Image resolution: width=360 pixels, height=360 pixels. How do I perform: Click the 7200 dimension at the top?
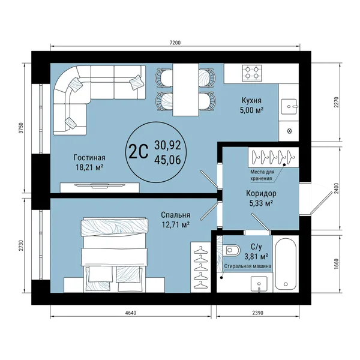click(175, 43)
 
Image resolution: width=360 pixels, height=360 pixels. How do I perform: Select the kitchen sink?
click(289, 106)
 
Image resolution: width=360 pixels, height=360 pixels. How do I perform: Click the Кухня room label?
click(251, 100)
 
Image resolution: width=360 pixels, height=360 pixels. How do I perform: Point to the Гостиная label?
click(89, 157)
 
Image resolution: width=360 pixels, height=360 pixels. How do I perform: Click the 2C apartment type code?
click(139, 152)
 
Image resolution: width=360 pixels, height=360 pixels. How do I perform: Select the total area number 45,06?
click(167, 160)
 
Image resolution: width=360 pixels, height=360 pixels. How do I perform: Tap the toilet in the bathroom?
click(232, 250)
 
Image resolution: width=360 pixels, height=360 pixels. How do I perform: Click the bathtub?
click(286, 264)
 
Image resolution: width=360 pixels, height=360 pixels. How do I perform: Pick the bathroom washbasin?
click(259, 284)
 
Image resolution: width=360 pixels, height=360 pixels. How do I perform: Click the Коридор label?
click(261, 193)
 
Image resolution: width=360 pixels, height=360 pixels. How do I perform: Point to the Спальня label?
click(175, 215)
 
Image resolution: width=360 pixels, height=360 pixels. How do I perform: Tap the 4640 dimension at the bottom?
click(131, 313)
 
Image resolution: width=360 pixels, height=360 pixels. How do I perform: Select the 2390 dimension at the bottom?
click(257, 313)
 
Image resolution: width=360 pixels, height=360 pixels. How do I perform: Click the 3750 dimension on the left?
click(21, 128)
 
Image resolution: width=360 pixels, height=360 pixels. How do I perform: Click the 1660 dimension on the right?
click(337, 264)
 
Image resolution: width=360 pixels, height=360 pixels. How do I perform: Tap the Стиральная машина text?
click(248, 266)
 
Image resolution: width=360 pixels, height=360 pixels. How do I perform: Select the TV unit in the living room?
click(100, 187)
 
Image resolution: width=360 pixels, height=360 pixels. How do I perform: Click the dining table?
click(185, 89)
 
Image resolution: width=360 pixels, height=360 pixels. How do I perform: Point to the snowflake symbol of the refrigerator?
click(290, 131)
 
